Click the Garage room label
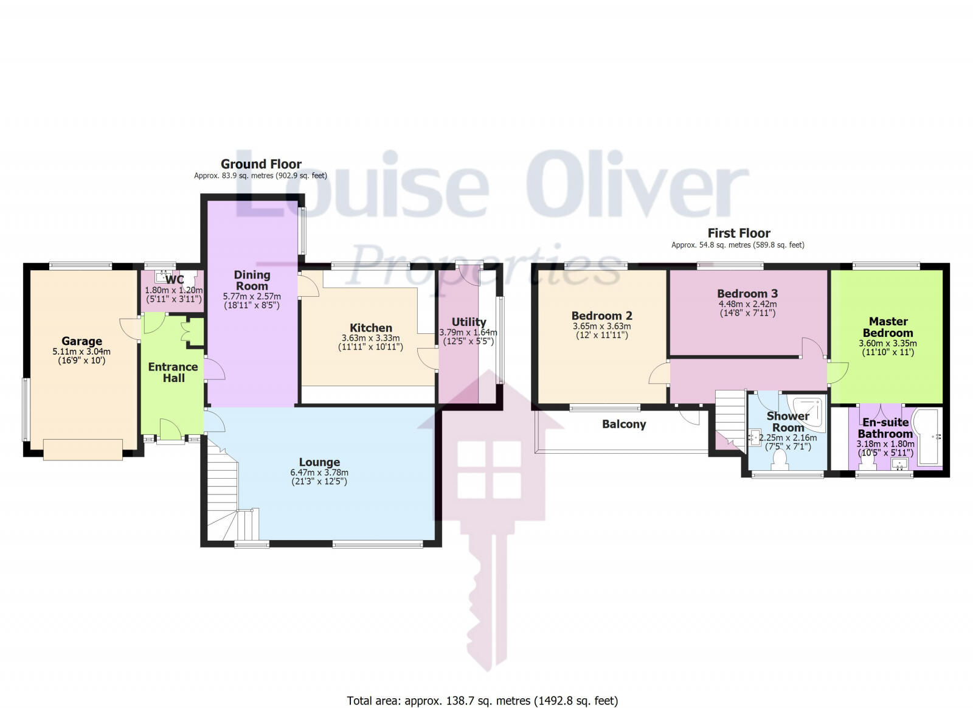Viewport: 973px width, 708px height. pyautogui.click(x=81, y=341)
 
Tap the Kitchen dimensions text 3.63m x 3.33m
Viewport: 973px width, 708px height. pyautogui.click(x=370, y=338)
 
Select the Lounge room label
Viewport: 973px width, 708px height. pyautogui.click(x=319, y=462)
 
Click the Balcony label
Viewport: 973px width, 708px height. pyautogui.click(x=624, y=424)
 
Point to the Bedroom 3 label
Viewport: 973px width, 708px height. pyautogui.click(x=747, y=293)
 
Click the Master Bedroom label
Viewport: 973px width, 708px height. pyautogui.click(x=888, y=327)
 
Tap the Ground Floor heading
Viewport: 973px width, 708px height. pyautogui.click(x=261, y=164)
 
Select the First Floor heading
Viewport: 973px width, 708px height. pyautogui.click(x=738, y=233)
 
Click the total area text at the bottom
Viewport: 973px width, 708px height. pyautogui.click(x=482, y=701)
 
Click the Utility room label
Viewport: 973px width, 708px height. pyautogui.click(x=468, y=322)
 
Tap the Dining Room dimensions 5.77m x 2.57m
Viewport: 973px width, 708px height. pyautogui.click(x=252, y=296)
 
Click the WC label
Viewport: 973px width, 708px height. pyautogui.click(x=175, y=280)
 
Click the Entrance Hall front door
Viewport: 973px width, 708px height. pyautogui.click(x=171, y=429)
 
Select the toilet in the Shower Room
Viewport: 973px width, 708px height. pyautogui.click(x=779, y=462)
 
